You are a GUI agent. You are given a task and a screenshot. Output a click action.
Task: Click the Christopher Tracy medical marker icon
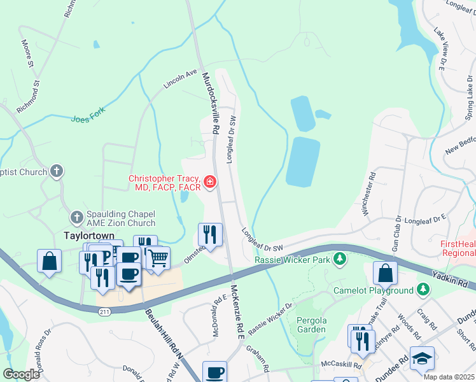[x=209, y=183]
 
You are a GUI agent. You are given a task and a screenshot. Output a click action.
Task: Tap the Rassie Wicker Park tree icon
[x=340, y=258]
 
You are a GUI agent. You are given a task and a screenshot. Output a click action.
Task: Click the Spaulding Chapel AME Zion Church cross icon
[x=76, y=217]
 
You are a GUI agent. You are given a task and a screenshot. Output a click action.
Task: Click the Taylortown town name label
[x=88, y=235]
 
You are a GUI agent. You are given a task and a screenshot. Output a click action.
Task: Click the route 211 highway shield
[x=104, y=311]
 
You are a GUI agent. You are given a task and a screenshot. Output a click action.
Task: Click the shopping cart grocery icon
[x=158, y=258]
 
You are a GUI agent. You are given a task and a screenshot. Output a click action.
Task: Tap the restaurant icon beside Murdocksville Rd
[x=210, y=234]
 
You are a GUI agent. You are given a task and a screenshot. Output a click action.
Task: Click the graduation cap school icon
[x=422, y=359]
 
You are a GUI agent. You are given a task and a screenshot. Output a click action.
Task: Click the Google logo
[x=21, y=374]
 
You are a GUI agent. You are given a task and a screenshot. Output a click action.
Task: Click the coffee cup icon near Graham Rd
[x=214, y=372]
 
